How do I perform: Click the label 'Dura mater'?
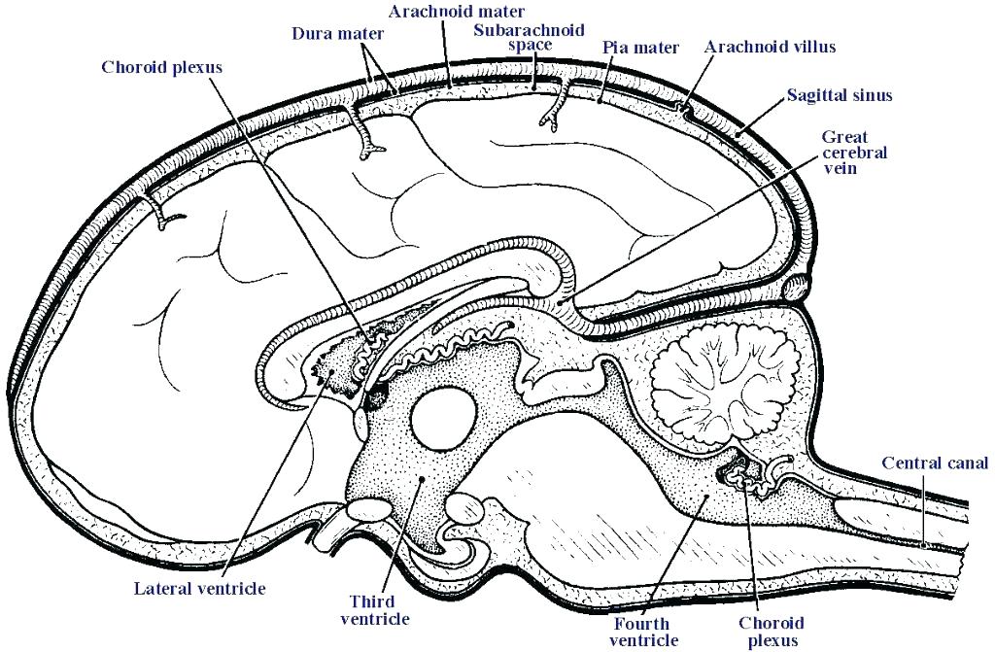[x=337, y=33]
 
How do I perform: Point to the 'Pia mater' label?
[x=640, y=46]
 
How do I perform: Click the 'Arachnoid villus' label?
[x=770, y=46]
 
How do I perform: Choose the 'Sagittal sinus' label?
[x=839, y=95]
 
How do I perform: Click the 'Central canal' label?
[x=934, y=463]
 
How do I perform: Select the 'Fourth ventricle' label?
[x=643, y=631]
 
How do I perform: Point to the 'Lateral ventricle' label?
[x=199, y=588]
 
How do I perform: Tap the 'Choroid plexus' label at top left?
[x=162, y=67]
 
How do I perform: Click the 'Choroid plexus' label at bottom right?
[x=769, y=631]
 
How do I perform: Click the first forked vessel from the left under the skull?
[x=165, y=217]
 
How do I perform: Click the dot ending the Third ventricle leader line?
[x=420, y=480]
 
